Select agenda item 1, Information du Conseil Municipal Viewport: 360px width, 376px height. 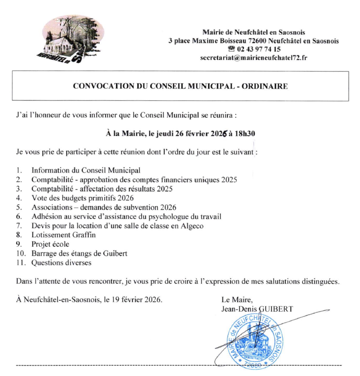click(86, 170)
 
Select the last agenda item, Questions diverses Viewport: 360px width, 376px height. click(61, 262)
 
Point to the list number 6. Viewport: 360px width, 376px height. click(18, 216)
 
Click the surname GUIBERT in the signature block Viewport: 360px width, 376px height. click(276, 309)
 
